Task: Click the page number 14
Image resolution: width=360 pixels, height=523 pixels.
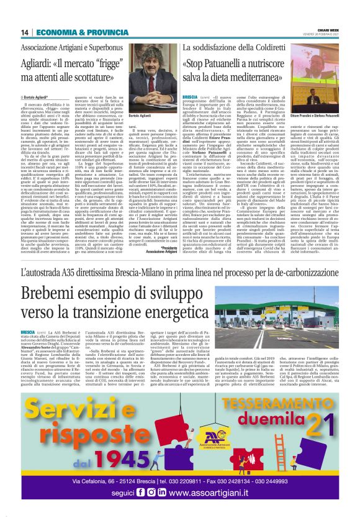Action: [25, 32]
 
